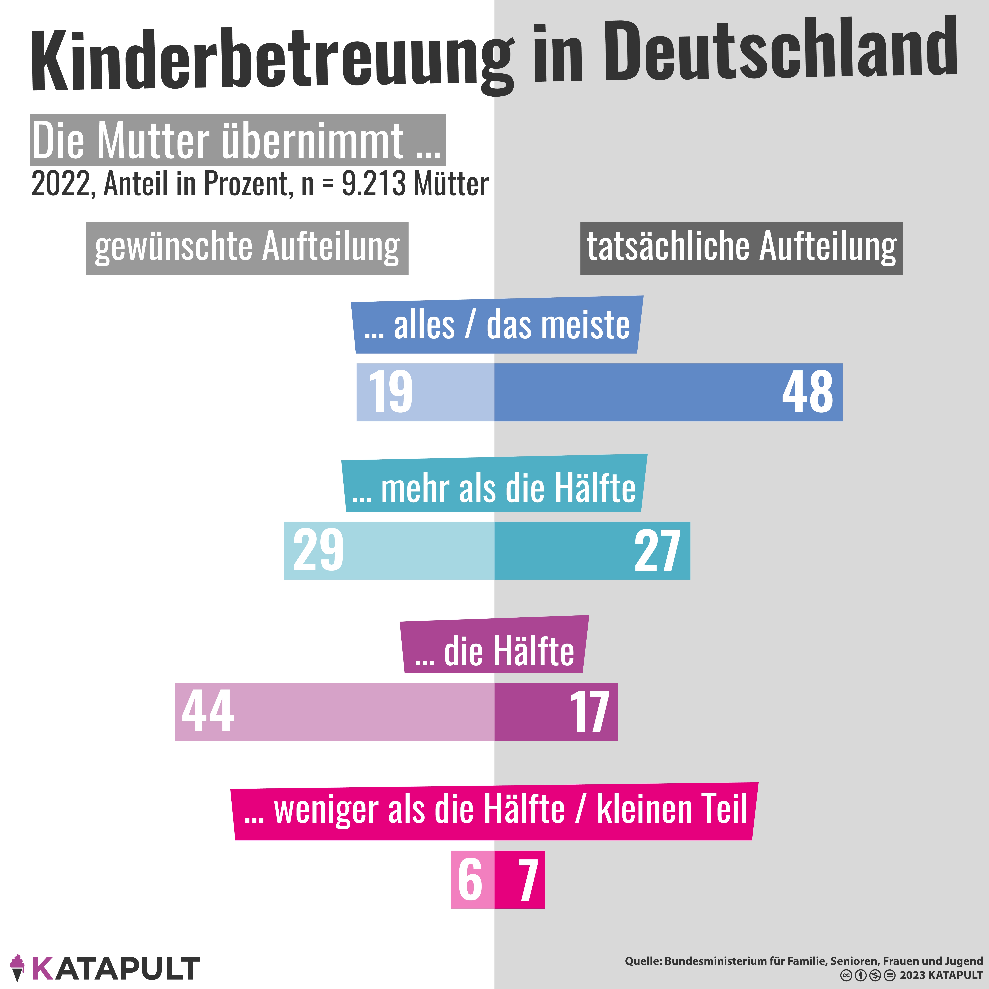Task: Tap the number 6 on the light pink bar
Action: tap(470, 880)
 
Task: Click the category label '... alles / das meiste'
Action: tap(497, 326)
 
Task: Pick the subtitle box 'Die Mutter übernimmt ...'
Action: tap(237, 140)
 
